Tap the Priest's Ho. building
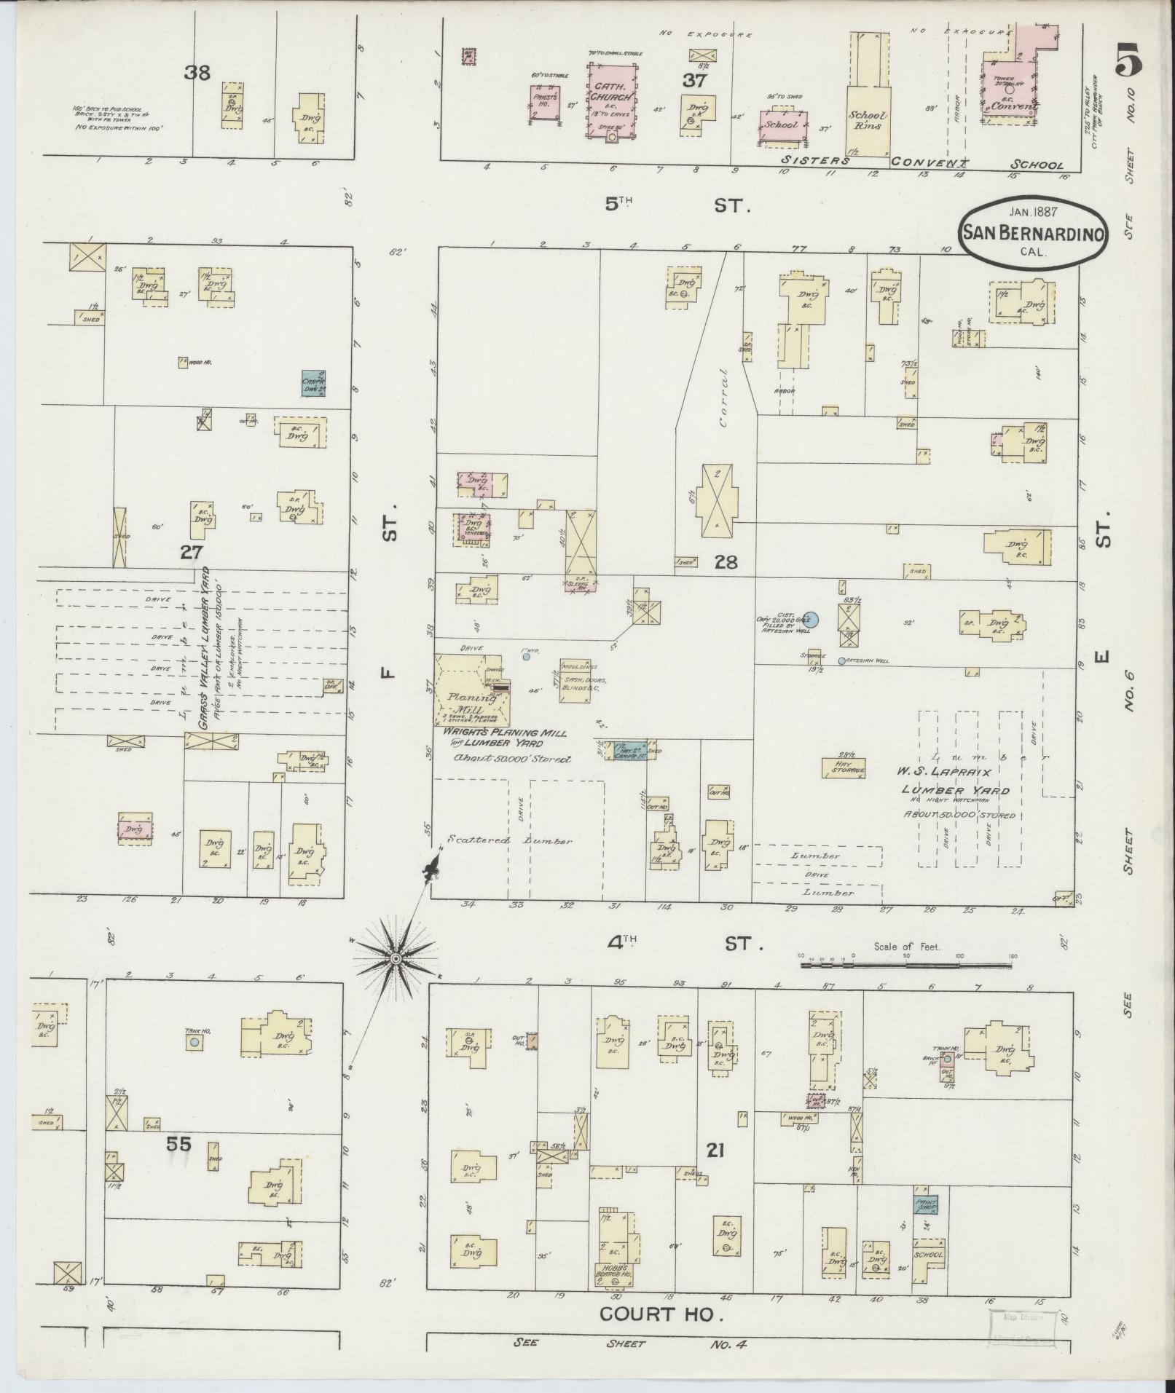(x=544, y=103)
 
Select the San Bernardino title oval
(x=1034, y=232)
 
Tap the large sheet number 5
(x=1128, y=59)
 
